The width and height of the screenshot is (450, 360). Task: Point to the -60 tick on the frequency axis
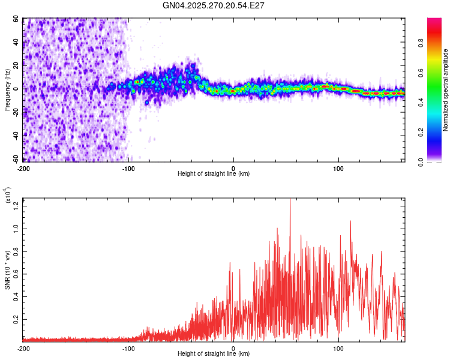[16, 160]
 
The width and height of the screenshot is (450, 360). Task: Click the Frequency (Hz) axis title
[7, 89]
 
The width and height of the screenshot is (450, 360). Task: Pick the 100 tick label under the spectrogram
[338, 167]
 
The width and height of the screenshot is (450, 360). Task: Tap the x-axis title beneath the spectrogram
[214, 174]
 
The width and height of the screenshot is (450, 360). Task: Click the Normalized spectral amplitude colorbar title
[446, 90]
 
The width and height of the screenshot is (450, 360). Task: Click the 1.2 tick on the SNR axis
[16, 205]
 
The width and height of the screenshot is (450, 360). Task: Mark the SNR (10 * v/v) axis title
[7, 269]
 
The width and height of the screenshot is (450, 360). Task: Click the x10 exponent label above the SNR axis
[8, 195]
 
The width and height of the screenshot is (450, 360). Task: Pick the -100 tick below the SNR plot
[128, 348]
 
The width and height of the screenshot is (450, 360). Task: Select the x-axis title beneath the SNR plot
[214, 354]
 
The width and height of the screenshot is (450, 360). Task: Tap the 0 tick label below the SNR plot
[233, 348]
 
